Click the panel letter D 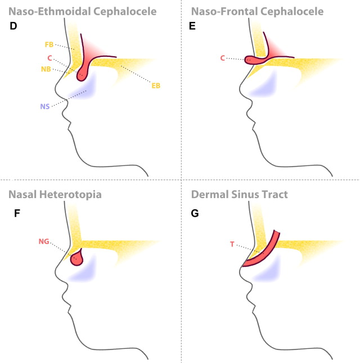point(13,26)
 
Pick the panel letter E point(193,26)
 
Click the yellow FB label point(49,44)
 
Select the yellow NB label point(47,69)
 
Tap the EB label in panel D point(156,86)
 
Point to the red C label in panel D point(49,57)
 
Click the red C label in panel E point(222,57)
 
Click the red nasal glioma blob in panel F point(75,259)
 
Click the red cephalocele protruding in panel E point(256,58)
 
